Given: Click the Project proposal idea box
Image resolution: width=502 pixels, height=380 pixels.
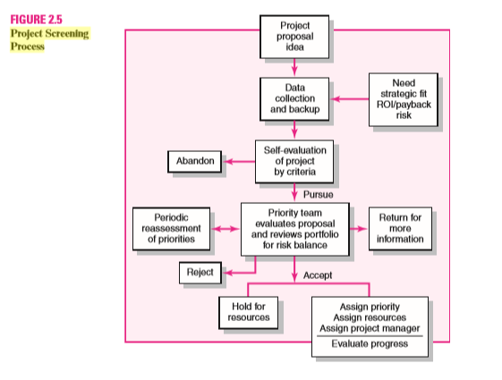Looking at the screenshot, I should click(x=294, y=33).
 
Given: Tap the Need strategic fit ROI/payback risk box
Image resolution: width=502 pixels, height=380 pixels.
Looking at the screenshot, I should click(x=404, y=98).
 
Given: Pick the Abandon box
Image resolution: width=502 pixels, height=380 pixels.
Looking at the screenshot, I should click(x=194, y=161).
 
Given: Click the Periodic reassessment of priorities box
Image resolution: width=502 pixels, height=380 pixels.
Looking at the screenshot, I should click(x=170, y=228).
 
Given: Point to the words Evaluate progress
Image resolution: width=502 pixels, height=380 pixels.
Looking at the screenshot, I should click(x=368, y=344).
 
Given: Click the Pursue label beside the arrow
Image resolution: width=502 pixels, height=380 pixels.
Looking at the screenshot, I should click(x=318, y=192).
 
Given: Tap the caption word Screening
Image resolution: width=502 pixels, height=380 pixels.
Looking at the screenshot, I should click(x=72, y=33).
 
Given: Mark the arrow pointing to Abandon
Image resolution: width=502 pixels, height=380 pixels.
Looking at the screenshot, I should click(x=239, y=161).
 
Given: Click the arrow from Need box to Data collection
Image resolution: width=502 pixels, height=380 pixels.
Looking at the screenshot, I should click(x=350, y=97).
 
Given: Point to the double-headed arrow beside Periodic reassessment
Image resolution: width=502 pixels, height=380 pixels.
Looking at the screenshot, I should click(x=225, y=228).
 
